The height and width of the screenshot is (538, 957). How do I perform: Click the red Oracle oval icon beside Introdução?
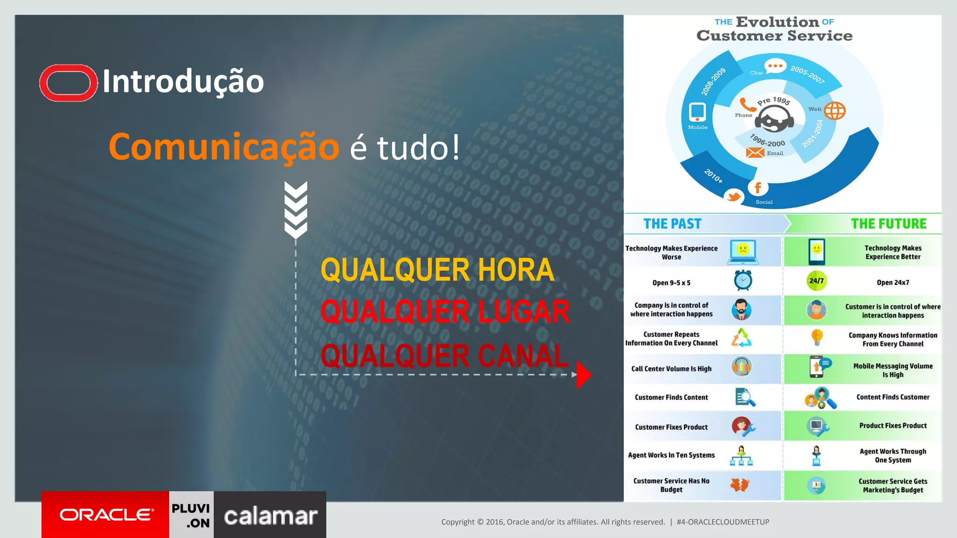pyautogui.click(x=68, y=83)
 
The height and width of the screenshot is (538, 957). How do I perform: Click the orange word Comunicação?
pyautogui.click(x=224, y=147)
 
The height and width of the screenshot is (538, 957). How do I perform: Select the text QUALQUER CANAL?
pyautogui.click(x=444, y=356)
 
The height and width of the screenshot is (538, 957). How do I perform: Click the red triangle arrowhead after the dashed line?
pyautogui.click(x=584, y=375)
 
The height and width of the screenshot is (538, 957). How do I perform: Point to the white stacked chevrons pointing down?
pyautogui.click(x=296, y=210)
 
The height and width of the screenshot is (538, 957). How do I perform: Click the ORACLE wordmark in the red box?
pyautogui.click(x=107, y=515)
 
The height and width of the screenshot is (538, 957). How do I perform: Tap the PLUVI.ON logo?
pyautogui.click(x=191, y=515)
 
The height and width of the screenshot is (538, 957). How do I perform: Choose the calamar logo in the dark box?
pyautogui.click(x=271, y=516)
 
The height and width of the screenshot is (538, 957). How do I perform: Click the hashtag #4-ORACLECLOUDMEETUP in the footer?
pyautogui.click(x=723, y=522)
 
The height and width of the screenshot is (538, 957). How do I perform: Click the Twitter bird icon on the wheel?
pyautogui.click(x=734, y=196)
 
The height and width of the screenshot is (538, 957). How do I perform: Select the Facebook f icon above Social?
pyautogui.click(x=758, y=188)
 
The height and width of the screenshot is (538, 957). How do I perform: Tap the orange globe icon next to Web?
pyautogui.click(x=835, y=111)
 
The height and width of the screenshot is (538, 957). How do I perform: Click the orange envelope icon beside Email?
pyautogui.click(x=755, y=153)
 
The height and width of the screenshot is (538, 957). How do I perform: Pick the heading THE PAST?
pyautogui.click(x=672, y=224)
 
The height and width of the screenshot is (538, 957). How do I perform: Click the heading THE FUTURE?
pyautogui.click(x=888, y=224)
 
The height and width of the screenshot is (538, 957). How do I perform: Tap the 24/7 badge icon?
pyautogui.click(x=816, y=281)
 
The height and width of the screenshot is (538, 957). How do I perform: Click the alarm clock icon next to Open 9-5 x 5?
pyautogui.click(x=743, y=280)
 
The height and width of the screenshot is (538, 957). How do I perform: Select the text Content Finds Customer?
pyautogui.click(x=893, y=397)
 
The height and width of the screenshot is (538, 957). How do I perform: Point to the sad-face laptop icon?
pyautogui.click(x=743, y=251)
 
